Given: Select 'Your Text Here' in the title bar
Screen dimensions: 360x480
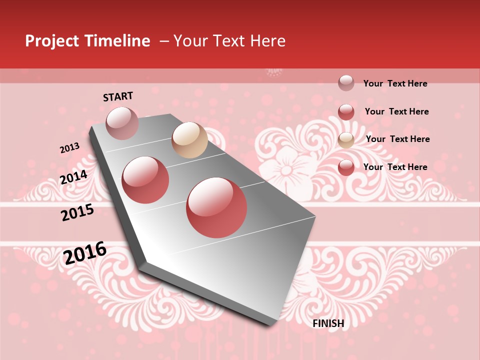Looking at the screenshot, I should [229, 41].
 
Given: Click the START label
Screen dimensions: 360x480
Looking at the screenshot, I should [118, 96].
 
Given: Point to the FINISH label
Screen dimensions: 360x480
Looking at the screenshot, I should [328, 323].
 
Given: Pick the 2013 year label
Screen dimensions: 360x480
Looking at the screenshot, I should [69, 148].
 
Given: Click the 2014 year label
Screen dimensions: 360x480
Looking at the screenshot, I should [73, 177].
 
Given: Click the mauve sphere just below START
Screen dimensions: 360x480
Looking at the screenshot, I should [122, 123].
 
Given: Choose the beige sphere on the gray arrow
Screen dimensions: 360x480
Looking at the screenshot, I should [189, 140].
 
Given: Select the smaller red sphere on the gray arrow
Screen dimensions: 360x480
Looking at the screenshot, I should [145, 180].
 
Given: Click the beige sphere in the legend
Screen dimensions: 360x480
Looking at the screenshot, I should [346, 140].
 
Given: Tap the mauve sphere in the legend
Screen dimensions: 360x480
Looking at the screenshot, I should [346, 83].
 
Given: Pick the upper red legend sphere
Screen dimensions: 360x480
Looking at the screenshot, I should [346, 112].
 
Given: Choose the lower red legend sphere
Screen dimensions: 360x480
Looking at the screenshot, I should [346, 167].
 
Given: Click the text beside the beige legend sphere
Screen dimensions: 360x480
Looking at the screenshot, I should [397, 139].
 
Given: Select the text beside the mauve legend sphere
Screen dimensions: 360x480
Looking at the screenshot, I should [395, 83].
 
